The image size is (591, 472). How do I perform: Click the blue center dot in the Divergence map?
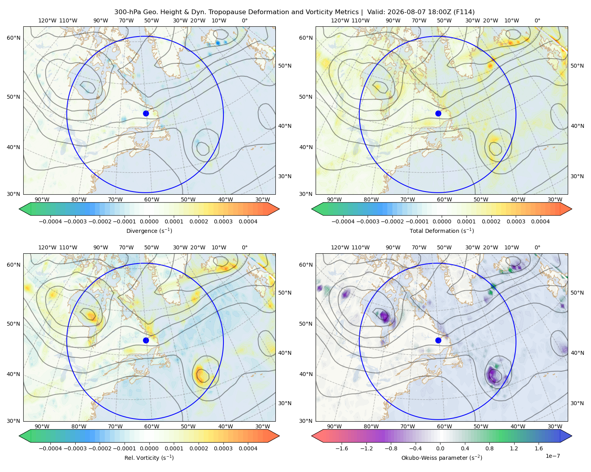point(146,113)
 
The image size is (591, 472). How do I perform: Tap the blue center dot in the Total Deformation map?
point(438,113)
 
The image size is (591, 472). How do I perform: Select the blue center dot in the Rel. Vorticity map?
point(146,340)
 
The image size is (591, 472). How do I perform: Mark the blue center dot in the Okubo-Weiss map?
point(438,340)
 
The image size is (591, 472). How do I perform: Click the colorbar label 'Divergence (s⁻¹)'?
point(149,230)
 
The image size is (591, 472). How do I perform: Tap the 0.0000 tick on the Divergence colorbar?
point(149,221)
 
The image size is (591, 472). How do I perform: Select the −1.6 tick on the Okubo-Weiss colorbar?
point(342,448)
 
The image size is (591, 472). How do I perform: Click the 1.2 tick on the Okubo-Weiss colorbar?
point(514,448)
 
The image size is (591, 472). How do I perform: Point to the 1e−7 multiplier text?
point(552,456)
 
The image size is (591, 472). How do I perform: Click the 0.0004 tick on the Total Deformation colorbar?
point(541,221)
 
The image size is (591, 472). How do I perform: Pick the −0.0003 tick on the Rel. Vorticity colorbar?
point(75,448)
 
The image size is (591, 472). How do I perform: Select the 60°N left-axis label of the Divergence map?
point(13,38)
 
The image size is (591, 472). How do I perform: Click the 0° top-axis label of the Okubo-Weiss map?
point(537,247)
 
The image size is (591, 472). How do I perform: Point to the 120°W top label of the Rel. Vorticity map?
point(47,247)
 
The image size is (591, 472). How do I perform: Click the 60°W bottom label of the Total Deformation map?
point(444,200)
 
